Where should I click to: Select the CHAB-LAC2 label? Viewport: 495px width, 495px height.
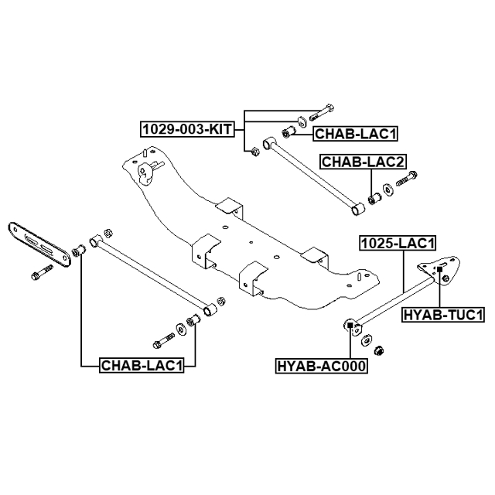pyautogui.click(x=364, y=162)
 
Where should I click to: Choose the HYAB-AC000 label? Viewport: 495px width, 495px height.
pyautogui.click(x=321, y=365)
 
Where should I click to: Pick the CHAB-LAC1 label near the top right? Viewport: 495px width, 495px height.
pyautogui.click(x=355, y=134)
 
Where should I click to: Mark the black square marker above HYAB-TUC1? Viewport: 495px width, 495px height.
pyautogui.click(x=440, y=270)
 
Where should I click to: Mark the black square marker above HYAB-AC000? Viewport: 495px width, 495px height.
pyautogui.click(x=350, y=325)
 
